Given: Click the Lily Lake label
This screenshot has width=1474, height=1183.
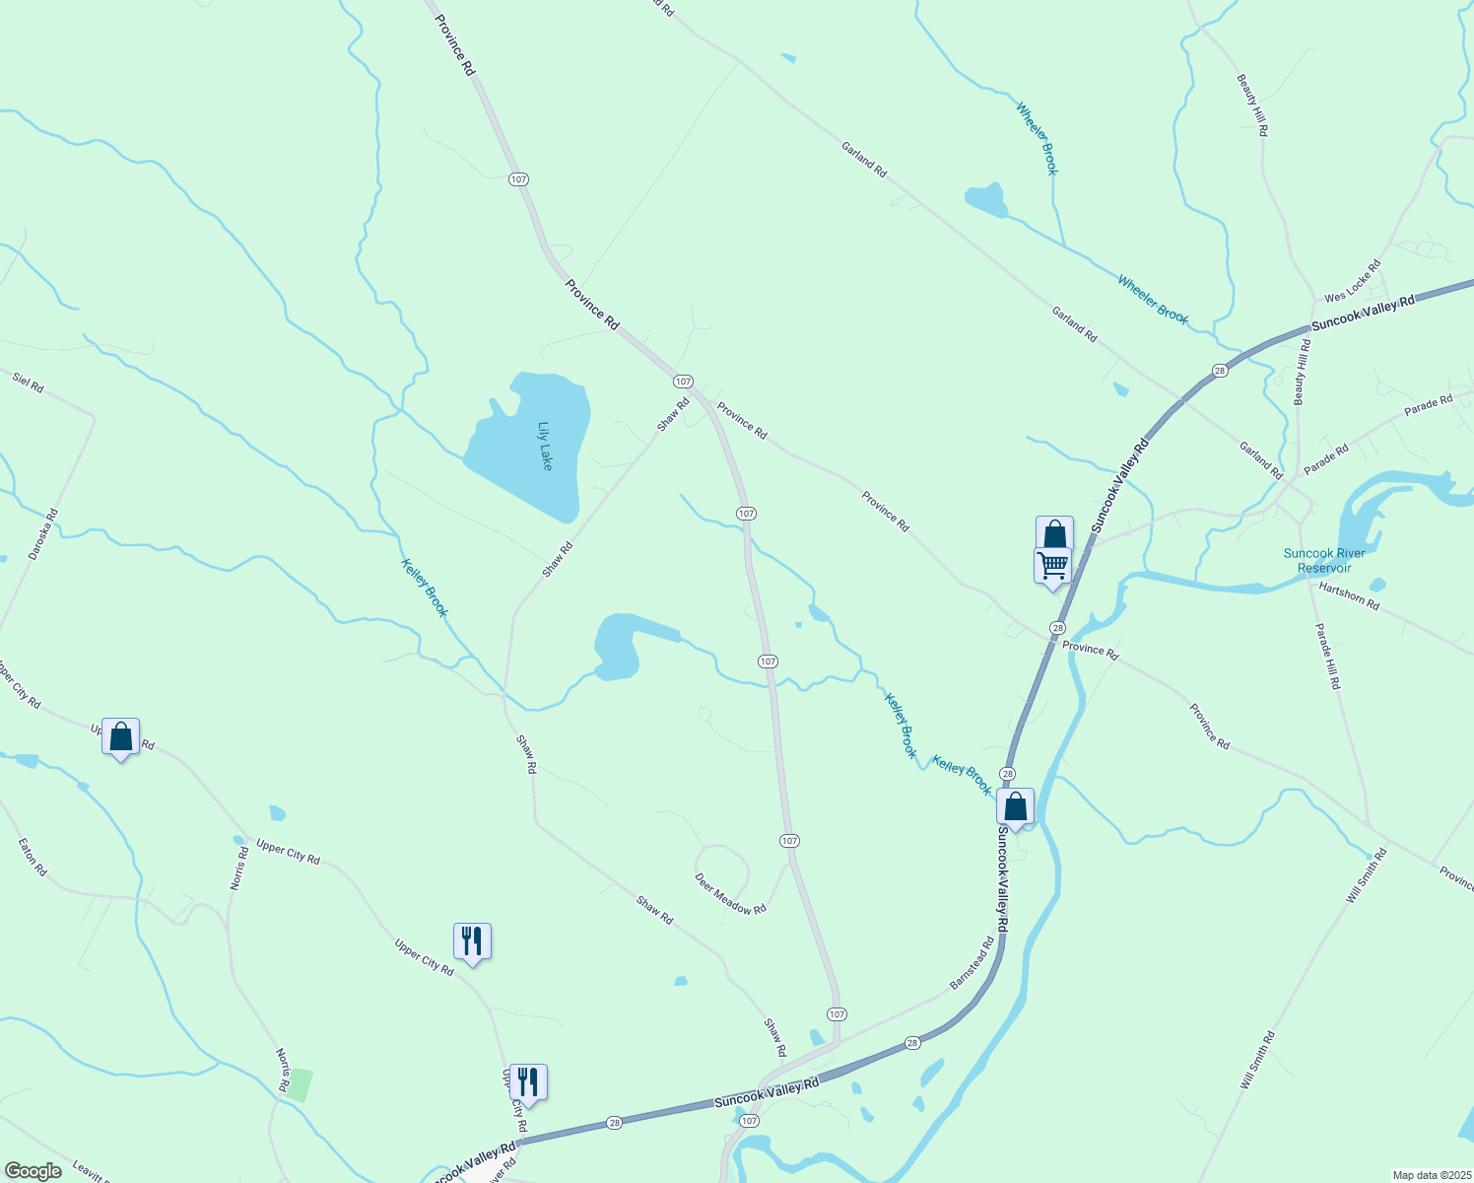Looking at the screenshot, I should pyautogui.click(x=545, y=446).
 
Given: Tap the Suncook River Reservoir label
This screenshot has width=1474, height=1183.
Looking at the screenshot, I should pyautogui.click(x=1324, y=560).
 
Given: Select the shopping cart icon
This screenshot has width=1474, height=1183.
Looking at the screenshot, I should pyautogui.click(x=1052, y=566).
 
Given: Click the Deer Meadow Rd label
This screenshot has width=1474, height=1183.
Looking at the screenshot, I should pyautogui.click(x=730, y=894).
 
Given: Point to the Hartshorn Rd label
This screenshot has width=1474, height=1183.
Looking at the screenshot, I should pyautogui.click(x=1349, y=596).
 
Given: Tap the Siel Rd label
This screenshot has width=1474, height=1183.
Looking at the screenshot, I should pyautogui.click(x=29, y=382).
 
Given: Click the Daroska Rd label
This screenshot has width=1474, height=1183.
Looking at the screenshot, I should pyautogui.click(x=43, y=534).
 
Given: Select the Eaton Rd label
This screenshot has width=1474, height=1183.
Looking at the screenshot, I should pyautogui.click(x=33, y=857).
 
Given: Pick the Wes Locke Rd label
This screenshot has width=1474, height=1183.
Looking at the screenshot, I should pyautogui.click(x=1353, y=283).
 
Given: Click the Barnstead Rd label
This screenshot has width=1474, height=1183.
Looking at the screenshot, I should pyautogui.click(x=971, y=963).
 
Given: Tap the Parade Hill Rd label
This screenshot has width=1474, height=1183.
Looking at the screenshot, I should pyautogui.click(x=1328, y=656).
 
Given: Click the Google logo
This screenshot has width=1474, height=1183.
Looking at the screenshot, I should pyautogui.click(x=33, y=1171).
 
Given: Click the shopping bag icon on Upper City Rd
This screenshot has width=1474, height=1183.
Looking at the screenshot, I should pyautogui.click(x=120, y=736).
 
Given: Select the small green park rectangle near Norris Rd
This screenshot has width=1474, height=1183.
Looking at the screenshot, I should pyautogui.click(x=300, y=1084).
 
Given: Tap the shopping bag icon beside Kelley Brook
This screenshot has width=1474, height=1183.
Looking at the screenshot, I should pyautogui.click(x=1015, y=806).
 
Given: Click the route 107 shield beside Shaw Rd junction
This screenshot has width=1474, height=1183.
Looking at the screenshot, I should pyautogui.click(x=683, y=381).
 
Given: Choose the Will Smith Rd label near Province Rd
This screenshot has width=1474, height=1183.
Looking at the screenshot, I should pyautogui.click(x=1367, y=875).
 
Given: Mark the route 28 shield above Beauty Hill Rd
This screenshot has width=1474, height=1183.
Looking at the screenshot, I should pyautogui.click(x=1220, y=371).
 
